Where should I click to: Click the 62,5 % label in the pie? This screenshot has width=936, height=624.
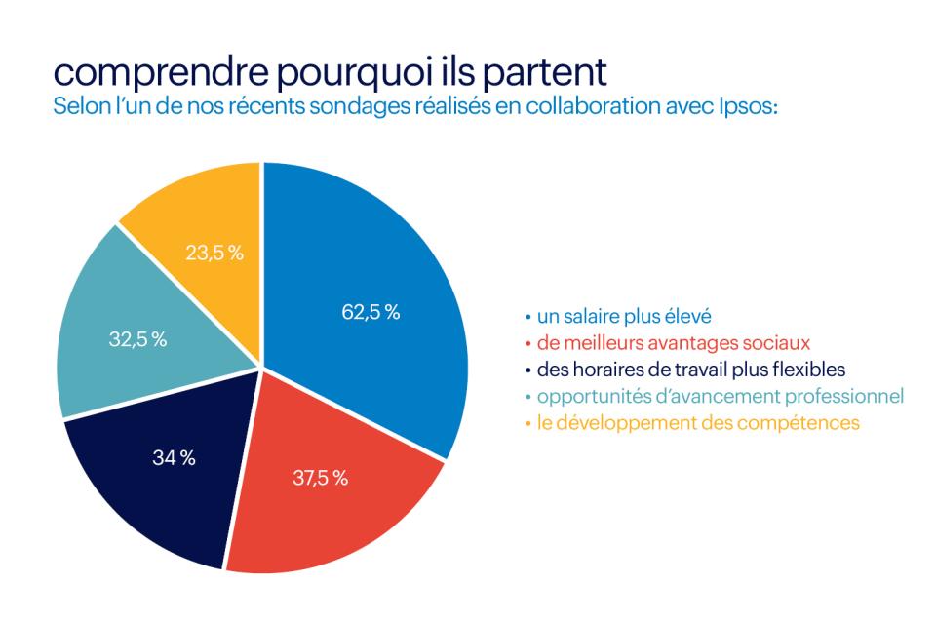pyautogui.click(x=370, y=313)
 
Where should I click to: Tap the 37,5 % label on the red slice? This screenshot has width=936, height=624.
pyautogui.click(x=321, y=478)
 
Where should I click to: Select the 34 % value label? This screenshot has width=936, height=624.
pyautogui.click(x=174, y=458)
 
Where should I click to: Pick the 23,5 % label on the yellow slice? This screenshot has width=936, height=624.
pyautogui.click(x=214, y=253)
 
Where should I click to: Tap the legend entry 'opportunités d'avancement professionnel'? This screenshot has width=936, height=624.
pyautogui.click(x=716, y=396)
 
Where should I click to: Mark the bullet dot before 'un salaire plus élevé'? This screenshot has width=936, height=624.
pyautogui.click(x=528, y=318)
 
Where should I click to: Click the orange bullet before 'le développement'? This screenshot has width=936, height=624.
pyautogui.click(x=528, y=423)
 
